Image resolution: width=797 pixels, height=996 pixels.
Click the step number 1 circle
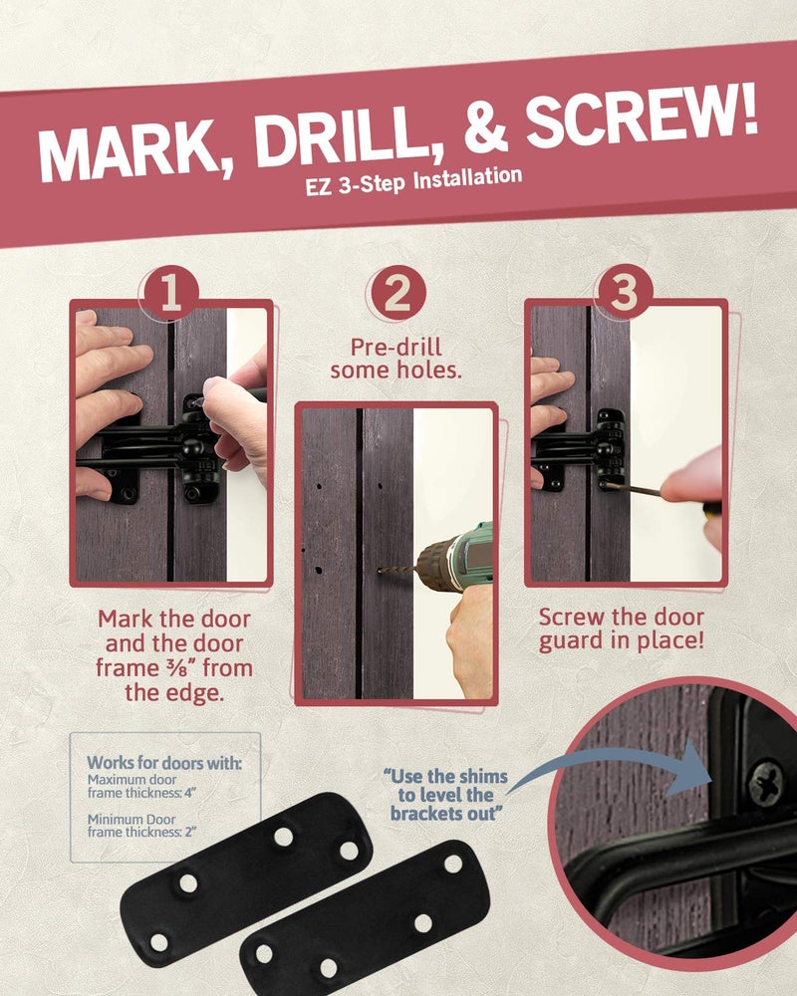[x=169, y=294]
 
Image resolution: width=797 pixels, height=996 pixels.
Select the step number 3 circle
[x=623, y=292]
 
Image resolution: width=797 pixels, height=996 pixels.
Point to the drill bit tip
[x=380, y=571]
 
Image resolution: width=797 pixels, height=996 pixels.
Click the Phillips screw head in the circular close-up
[x=764, y=782]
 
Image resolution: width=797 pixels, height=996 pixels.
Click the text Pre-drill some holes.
[x=396, y=359]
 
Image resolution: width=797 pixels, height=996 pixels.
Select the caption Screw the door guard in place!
[x=622, y=628]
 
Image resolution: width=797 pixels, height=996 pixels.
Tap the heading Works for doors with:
[x=164, y=763]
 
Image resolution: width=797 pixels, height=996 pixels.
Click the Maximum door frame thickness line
[x=141, y=787]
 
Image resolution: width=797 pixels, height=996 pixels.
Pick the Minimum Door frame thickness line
[x=140, y=826]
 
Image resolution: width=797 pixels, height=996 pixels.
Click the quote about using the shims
[x=445, y=795]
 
